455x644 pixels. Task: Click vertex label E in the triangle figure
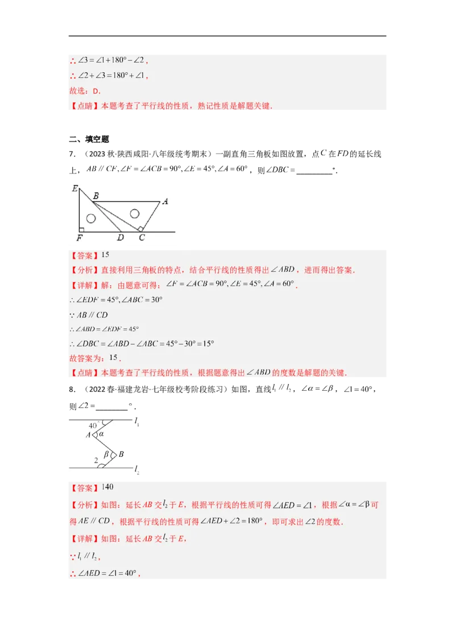click(x=75, y=188)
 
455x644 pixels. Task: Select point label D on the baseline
click(x=121, y=237)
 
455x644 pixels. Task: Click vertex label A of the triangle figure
click(x=165, y=201)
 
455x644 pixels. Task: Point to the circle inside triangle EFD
click(x=91, y=218)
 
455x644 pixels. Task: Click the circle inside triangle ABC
click(x=134, y=214)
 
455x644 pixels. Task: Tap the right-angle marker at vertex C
click(x=140, y=228)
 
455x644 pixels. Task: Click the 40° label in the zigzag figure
click(x=94, y=425)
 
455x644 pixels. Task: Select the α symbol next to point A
click(x=102, y=434)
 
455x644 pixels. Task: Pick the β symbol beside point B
click(x=107, y=455)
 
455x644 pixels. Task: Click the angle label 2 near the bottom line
click(x=96, y=459)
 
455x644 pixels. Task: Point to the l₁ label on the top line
click(x=137, y=422)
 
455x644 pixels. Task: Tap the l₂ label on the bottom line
click(x=137, y=470)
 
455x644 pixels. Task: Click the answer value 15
click(x=105, y=254)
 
